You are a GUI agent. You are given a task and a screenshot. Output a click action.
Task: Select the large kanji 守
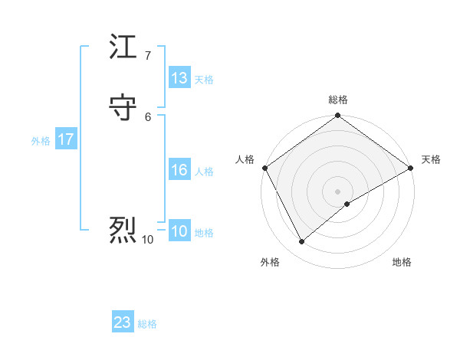123,108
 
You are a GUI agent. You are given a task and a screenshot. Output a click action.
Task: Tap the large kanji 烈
123,228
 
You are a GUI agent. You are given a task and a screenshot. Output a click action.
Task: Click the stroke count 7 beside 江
148,56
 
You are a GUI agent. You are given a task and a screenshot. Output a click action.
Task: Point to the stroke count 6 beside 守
148,117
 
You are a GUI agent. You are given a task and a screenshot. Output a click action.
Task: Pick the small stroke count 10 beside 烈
148,240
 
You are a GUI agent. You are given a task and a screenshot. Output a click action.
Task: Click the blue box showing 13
179,78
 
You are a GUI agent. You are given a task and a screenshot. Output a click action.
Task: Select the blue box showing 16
179,170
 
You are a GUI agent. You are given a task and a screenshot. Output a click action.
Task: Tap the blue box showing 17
66,139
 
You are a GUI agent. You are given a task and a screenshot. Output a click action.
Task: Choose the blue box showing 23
123,322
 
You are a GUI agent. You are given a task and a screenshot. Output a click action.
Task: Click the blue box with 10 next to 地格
179,231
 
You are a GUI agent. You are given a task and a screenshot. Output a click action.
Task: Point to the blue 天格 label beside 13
204,80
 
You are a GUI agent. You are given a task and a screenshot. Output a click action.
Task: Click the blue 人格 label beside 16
204,172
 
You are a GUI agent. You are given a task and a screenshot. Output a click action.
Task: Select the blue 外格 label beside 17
41,141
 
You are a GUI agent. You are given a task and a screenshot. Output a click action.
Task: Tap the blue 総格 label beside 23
147,324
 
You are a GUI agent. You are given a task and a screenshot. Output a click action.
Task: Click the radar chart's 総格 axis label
338,100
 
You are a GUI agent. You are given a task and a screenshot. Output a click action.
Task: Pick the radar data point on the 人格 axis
264,168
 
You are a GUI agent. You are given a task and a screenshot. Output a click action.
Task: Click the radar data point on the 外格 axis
301,242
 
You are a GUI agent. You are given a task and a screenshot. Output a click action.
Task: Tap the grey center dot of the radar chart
338,191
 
